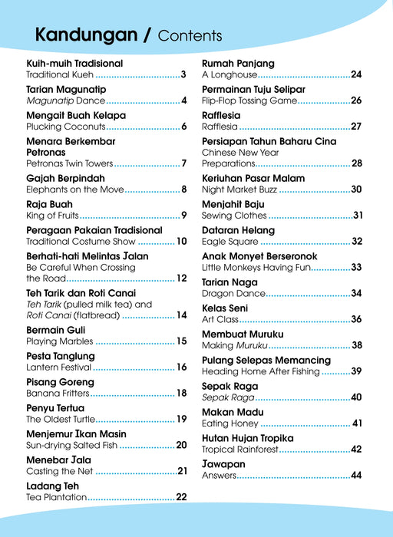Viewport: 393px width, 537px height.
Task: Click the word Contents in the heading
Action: tap(190, 36)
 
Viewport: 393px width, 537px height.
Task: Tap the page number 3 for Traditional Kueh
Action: tap(183, 75)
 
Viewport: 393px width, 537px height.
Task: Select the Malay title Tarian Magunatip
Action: tap(66, 89)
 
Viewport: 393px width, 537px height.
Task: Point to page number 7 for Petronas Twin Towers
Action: tap(184, 163)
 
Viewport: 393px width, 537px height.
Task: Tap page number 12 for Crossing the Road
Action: tap(182, 278)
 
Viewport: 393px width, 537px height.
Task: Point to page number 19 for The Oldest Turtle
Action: tap(182, 420)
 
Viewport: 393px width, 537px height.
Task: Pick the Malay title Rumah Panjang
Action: tap(238, 63)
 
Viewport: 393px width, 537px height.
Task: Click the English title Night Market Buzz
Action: tap(239, 189)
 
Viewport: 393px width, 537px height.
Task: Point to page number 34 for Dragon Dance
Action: tap(356, 294)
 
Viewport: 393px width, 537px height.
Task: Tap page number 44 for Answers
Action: tap(356, 476)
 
